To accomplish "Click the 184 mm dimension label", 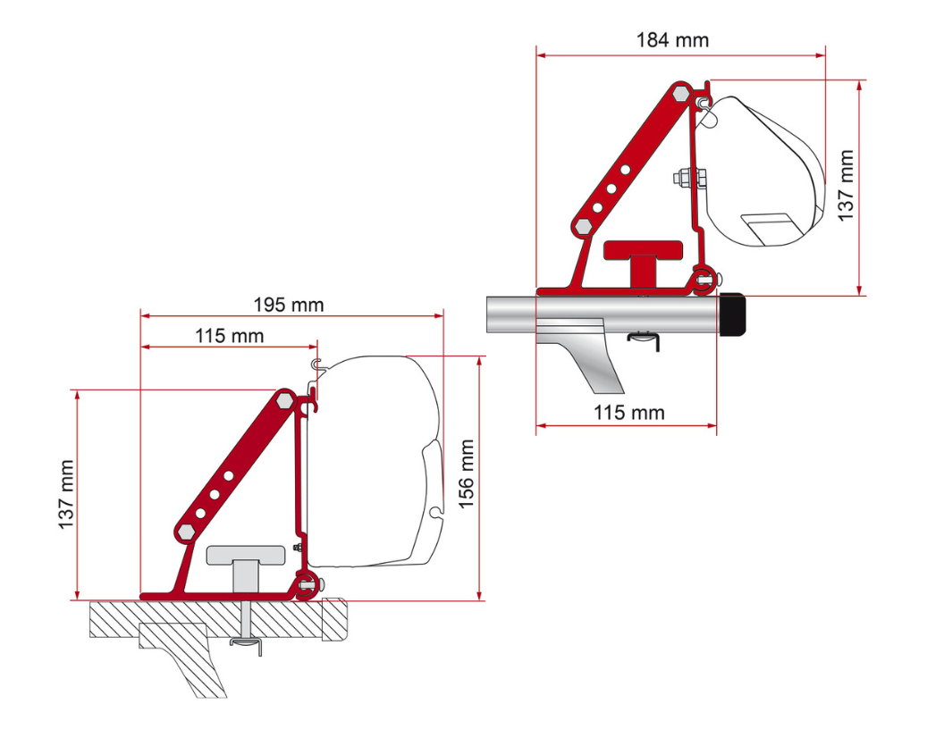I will (672, 40).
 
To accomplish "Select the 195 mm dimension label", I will (288, 305).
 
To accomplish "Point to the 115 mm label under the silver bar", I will (629, 412).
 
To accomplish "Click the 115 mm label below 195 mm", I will (229, 336).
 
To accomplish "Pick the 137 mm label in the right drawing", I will (846, 185).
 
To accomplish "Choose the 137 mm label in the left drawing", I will (67, 494).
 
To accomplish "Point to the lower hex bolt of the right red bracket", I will (583, 227).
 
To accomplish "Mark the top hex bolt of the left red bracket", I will (284, 399).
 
